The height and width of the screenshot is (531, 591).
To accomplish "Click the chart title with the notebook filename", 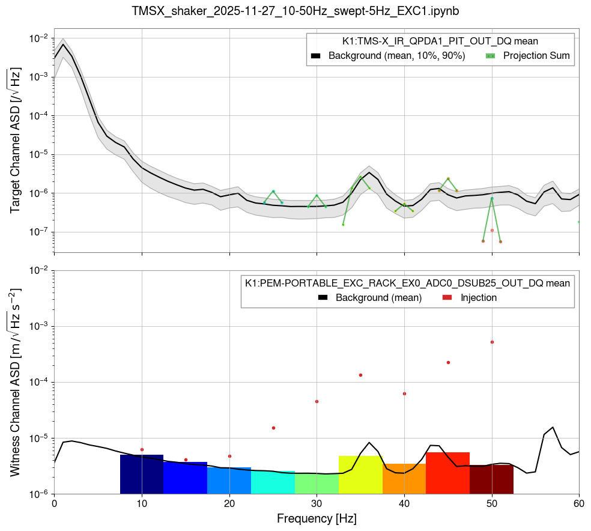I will [x=295, y=11].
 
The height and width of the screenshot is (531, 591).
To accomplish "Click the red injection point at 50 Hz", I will [x=492, y=342].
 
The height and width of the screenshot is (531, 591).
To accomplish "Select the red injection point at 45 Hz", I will [x=448, y=362].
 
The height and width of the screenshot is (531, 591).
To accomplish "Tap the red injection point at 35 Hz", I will [x=360, y=375].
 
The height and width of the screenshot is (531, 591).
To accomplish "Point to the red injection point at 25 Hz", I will [x=273, y=428].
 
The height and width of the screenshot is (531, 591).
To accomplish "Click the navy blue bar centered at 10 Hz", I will [x=142, y=475].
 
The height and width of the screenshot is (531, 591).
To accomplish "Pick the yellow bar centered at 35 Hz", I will [x=360, y=475].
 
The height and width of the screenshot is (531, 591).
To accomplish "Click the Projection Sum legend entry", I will [x=529, y=56].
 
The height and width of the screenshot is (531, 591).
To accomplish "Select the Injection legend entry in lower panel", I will [x=468, y=297].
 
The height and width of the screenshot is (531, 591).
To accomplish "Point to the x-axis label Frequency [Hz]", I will [x=317, y=518].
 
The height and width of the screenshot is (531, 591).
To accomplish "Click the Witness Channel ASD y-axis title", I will [x=15, y=382].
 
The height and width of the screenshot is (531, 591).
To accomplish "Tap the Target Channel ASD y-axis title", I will [x=15, y=141].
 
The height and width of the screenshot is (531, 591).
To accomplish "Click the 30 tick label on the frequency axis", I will [x=317, y=502].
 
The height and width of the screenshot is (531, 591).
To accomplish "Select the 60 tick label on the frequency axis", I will [x=579, y=502].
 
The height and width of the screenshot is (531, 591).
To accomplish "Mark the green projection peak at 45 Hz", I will [x=448, y=178].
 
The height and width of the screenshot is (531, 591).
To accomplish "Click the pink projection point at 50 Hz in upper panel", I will [x=492, y=230].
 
